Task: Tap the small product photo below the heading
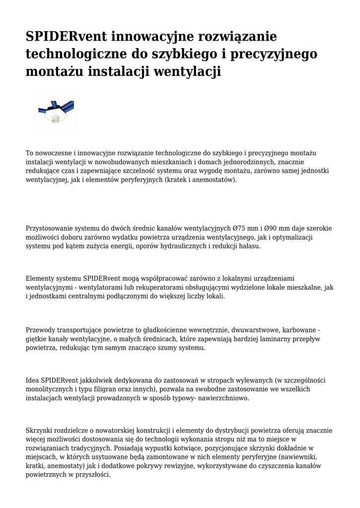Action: click(56, 113)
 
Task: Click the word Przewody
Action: click(41, 330)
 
